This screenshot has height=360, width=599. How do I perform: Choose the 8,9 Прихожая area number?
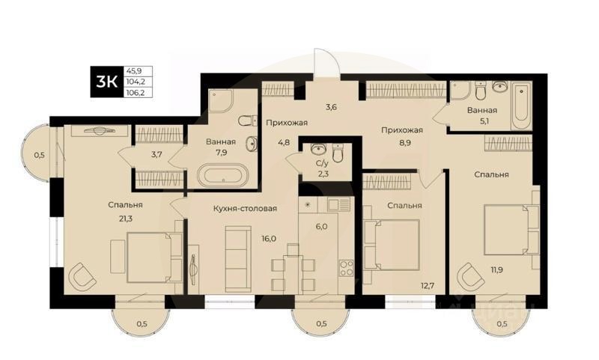coord(401,144)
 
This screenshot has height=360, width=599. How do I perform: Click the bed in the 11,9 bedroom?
coord(509,229)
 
